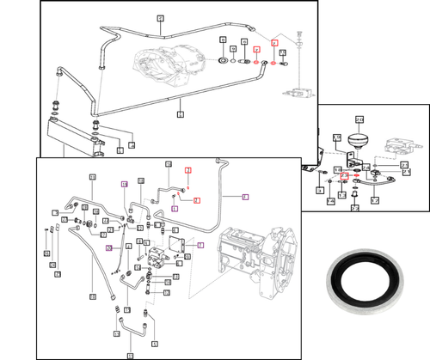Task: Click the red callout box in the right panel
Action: (344, 176)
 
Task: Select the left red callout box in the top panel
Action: (255, 52)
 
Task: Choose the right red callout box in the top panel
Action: (274, 43)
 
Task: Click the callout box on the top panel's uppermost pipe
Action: (159, 19)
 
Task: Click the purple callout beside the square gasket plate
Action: (200, 245)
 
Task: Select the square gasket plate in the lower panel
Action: (181, 242)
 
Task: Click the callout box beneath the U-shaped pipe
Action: (131, 355)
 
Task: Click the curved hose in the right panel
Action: (377, 178)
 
